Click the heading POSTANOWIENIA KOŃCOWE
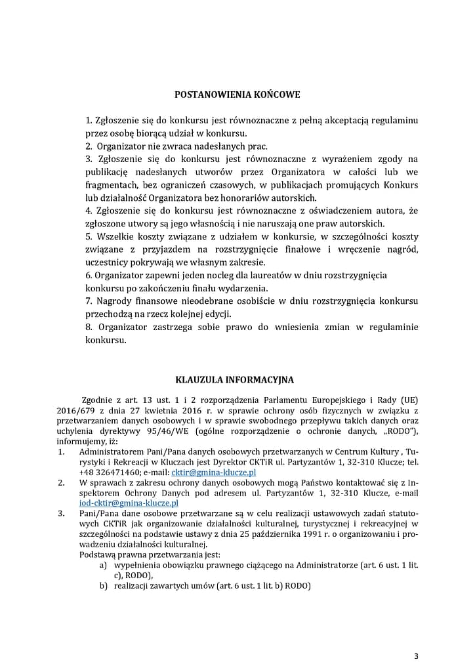(x=237, y=94)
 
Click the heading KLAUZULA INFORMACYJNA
(x=234, y=379)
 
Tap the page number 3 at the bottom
(x=415, y=656)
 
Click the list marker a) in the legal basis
(x=103, y=564)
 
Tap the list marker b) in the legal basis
(x=103, y=585)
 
